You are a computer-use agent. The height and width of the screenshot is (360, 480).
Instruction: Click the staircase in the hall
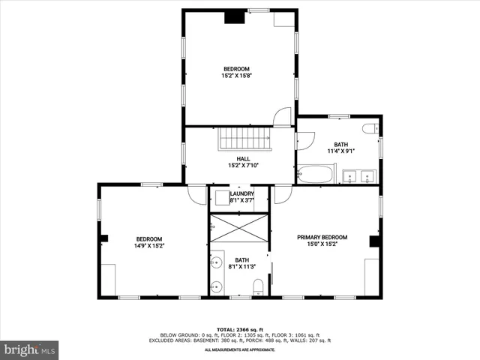[x=244, y=139]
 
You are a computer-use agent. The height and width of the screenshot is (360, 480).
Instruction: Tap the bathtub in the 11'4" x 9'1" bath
[x=314, y=175]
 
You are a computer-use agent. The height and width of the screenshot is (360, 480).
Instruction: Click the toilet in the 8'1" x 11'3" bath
[x=258, y=286]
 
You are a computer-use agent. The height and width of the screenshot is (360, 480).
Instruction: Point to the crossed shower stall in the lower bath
[x=238, y=228]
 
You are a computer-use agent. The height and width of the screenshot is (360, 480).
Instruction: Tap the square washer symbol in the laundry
[x=221, y=198]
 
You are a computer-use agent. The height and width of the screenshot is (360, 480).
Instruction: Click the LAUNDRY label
[x=241, y=193]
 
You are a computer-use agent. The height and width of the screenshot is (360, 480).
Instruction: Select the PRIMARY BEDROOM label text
[x=322, y=236]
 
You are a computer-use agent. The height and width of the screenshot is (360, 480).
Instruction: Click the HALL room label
[x=243, y=158]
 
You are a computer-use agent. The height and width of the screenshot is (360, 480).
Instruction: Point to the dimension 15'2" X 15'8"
[x=235, y=76]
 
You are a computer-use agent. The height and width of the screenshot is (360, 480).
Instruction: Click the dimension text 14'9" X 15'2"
[x=149, y=245]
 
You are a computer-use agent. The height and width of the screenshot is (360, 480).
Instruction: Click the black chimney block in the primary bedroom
[x=374, y=241]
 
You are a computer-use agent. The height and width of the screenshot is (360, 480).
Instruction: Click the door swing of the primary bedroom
[x=282, y=195]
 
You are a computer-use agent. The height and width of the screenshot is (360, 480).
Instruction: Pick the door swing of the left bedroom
[x=196, y=194]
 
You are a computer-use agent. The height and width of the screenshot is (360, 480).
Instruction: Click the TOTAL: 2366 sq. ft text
[x=240, y=329]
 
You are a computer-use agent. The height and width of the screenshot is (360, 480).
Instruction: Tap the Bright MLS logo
[x=30, y=349]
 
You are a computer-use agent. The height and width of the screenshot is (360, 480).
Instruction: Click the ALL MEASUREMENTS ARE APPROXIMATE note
[x=240, y=349]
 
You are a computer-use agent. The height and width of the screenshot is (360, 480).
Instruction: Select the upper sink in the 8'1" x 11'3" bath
[x=217, y=262]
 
